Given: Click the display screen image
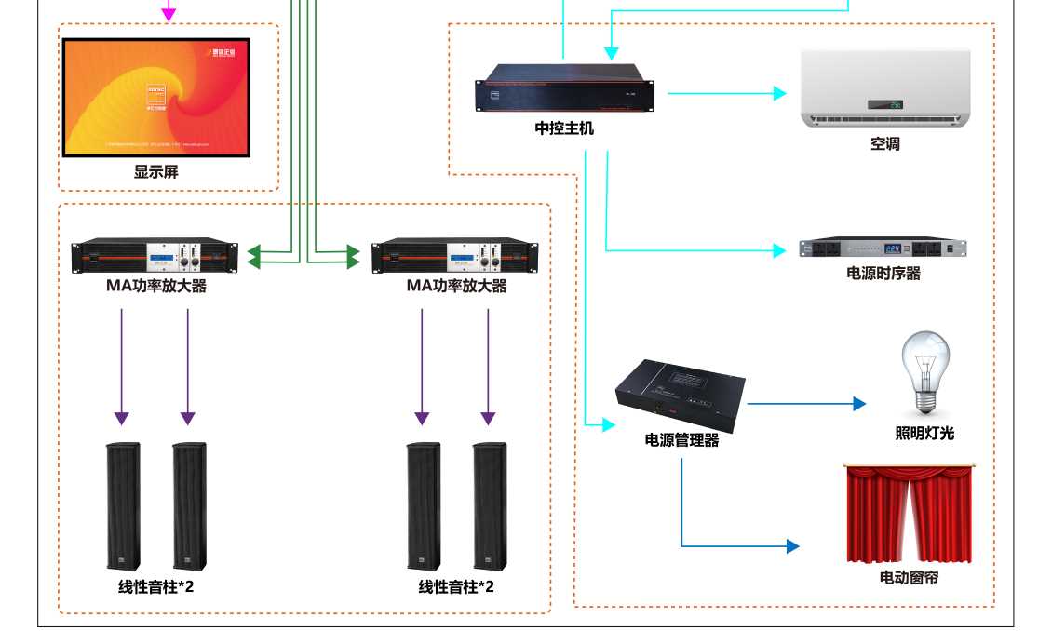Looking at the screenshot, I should tap(156, 97).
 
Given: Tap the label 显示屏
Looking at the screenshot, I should tap(155, 171).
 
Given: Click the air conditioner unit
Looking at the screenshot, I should tap(885, 88).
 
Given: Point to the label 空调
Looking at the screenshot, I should tap(885, 144).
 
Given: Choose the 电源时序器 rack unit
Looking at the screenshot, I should tap(883, 248).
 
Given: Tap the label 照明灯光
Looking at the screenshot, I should tap(924, 433).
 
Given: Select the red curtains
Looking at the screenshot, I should tap(909, 513).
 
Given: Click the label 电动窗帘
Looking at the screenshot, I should tap(909, 578).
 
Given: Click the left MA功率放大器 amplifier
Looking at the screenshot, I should tap(155, 256).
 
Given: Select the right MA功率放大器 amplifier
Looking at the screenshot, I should tap(455, 256).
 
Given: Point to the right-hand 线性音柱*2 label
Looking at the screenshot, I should tap(456, 587).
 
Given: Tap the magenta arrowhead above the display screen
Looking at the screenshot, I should tap(169, 14).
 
